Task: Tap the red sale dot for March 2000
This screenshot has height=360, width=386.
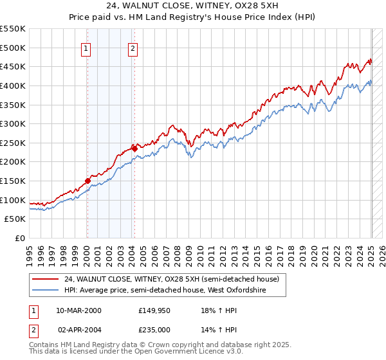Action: click(x=87, y=181)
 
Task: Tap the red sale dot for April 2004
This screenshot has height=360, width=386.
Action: click(x=134, y=148)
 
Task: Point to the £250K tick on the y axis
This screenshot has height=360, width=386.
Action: click(x=13, y=143)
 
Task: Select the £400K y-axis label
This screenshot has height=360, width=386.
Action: click(x=13, y=85)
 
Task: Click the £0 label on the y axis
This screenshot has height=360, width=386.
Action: click(x=19, y=238)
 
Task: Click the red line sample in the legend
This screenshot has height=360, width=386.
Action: click(x=46, y=280)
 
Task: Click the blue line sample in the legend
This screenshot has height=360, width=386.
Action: click(x=46, y=291)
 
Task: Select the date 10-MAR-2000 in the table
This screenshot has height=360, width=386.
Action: click(x=78, y=310)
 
